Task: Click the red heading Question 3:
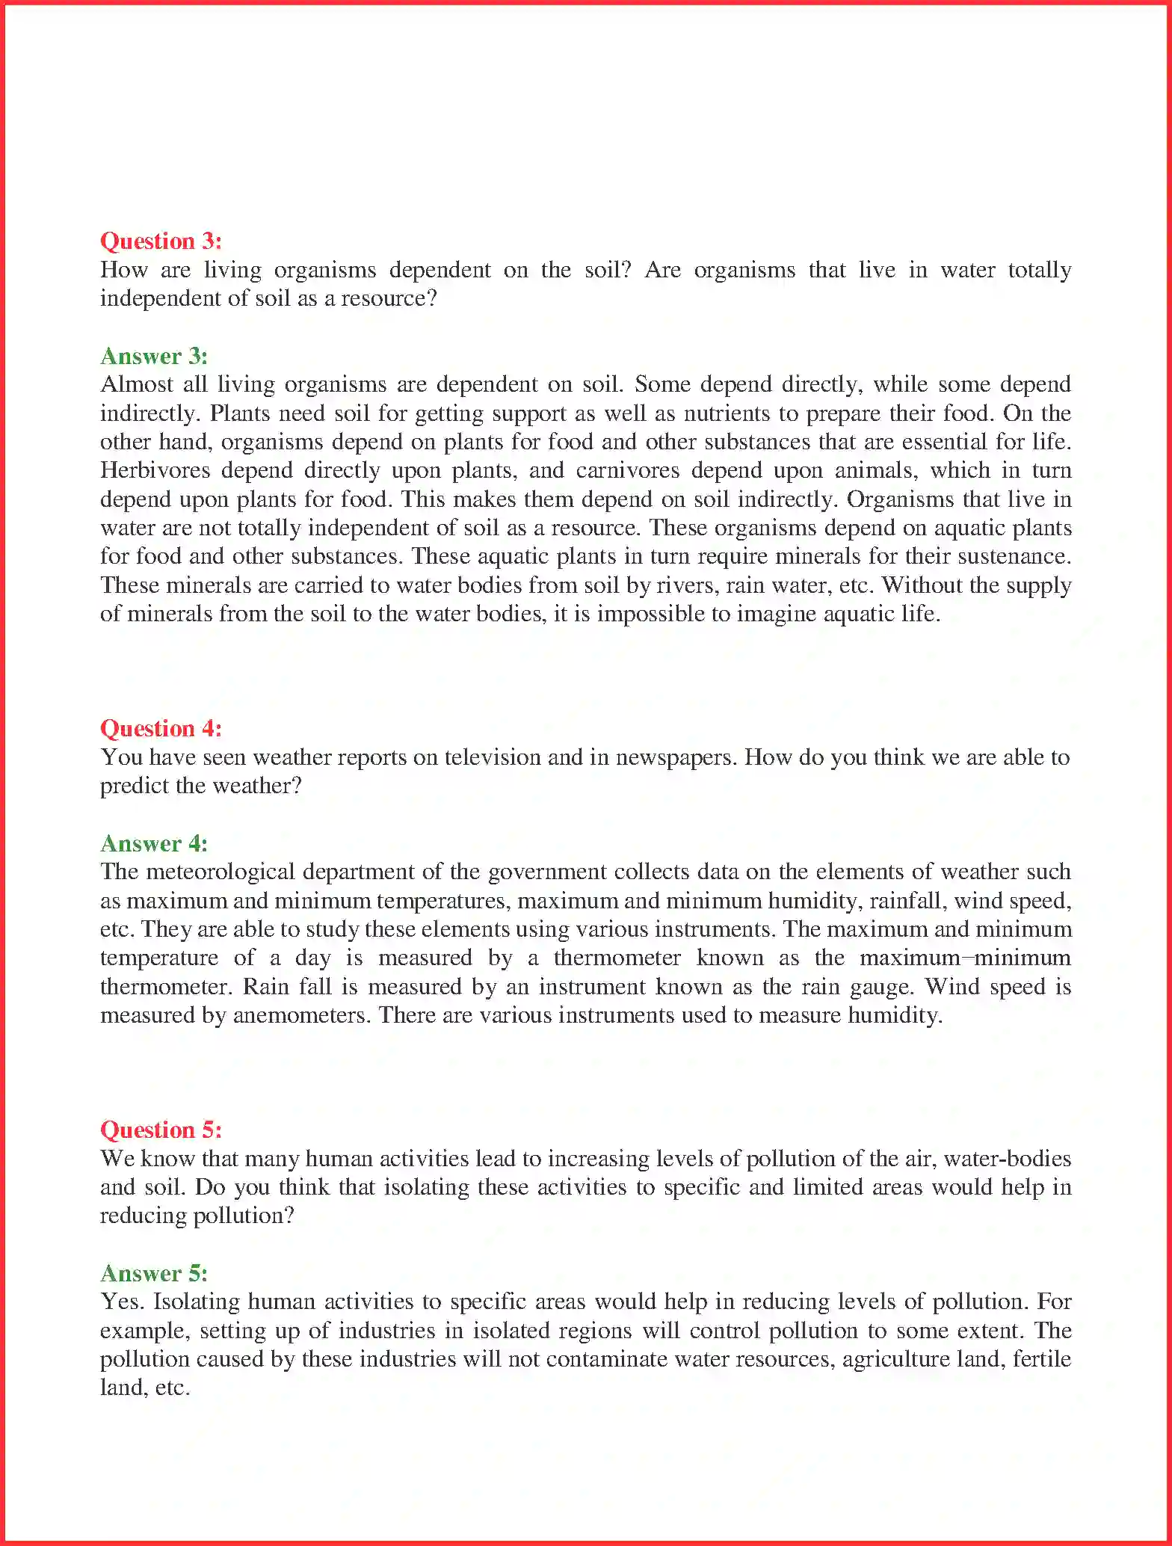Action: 161,241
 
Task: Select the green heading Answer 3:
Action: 154,356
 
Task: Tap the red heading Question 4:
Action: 161,728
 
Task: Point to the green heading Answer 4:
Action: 154,843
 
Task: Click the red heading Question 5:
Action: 161,1130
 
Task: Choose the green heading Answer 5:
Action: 154,1273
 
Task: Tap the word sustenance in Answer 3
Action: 1014,556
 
